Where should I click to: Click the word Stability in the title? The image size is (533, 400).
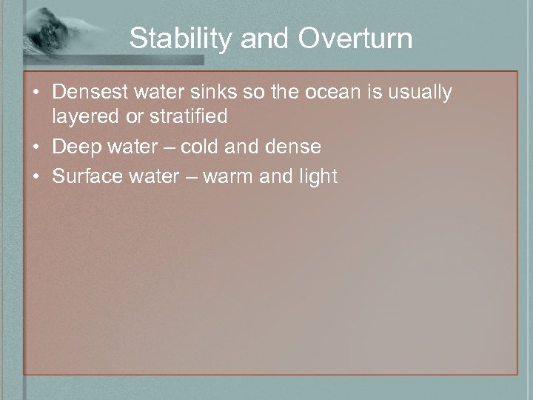click(176, 39)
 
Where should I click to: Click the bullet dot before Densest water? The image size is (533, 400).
click(37, 93)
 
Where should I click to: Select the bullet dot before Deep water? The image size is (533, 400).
click(37, 147)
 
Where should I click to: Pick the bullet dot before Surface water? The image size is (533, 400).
click(37, 177)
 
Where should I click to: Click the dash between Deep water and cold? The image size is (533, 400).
click(167, 147)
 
